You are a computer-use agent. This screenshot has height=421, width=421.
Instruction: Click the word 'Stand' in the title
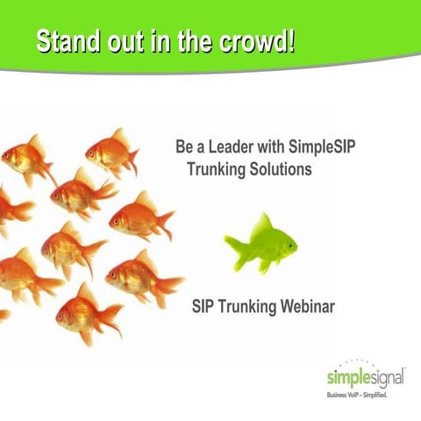pos(69,41)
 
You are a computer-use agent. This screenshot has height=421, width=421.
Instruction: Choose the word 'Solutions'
pos(280,168)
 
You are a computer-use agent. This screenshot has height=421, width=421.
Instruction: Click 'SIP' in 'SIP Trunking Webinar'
pos(203,307)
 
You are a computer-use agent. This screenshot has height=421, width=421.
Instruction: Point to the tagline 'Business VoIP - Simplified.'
pos(358,396)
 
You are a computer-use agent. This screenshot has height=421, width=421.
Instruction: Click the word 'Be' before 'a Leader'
pos(184,146)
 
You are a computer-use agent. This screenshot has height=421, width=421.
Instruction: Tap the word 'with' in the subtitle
pos(278,146)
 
